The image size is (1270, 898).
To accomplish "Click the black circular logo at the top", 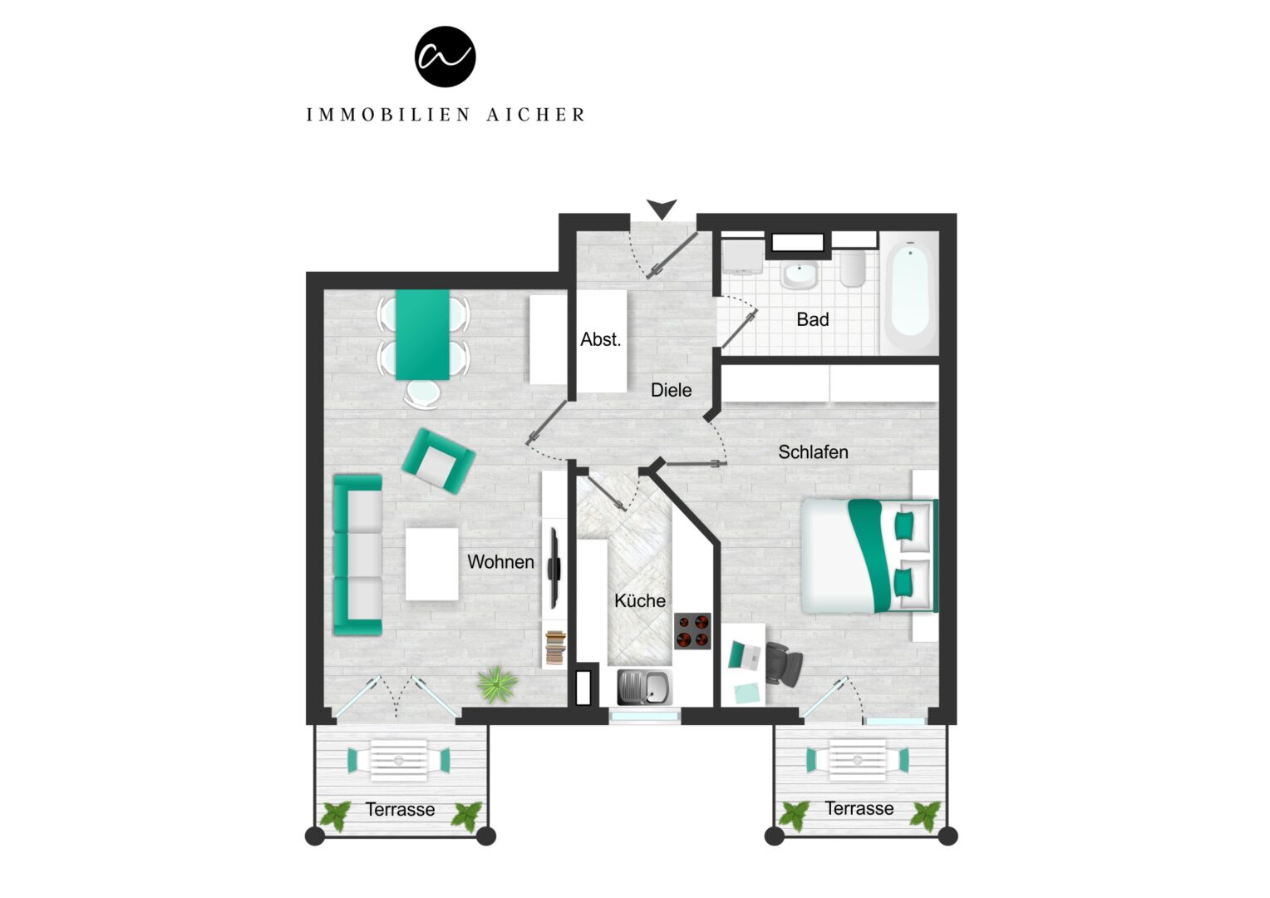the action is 445,57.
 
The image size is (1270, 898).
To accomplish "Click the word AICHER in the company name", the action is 536,115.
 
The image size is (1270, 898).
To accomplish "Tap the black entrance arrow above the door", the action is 662,209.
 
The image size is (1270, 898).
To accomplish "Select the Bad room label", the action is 813,319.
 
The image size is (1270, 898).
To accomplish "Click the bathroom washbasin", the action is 800,275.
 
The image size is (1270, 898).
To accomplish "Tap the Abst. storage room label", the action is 600,339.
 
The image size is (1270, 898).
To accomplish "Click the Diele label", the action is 672,390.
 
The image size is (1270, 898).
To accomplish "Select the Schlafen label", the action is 813,452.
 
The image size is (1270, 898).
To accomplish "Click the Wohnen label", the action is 500,561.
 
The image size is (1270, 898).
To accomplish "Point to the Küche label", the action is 640,600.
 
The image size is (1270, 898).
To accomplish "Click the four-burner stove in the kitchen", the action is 692,631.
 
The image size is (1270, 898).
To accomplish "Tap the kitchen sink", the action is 645,687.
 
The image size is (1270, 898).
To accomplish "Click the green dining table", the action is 422,335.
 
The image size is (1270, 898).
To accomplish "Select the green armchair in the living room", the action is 438,461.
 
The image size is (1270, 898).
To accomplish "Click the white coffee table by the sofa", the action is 432,564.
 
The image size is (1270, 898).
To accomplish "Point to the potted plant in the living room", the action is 497,684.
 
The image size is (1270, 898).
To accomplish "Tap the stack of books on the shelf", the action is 555,647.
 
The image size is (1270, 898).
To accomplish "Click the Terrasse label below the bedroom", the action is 859,808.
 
